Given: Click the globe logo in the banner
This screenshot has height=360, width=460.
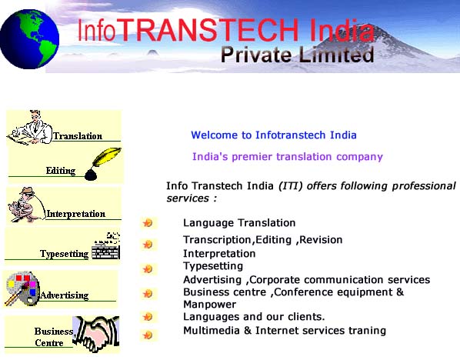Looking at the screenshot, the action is (x=29, y=39).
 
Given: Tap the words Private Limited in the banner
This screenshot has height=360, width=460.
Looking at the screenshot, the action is (x=297, y=55).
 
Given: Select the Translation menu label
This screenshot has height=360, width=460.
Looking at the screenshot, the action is (x=78, y=136).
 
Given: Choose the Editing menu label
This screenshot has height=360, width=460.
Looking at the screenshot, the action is (x=61, y=171).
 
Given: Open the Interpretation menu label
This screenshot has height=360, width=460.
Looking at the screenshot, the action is (x=76, y=214).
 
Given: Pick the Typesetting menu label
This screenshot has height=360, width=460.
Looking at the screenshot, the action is (x=65, y=254).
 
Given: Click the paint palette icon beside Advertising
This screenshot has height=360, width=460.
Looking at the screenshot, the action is (x=22, y=288).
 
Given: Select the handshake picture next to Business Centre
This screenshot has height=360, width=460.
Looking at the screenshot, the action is (x=96, y=334).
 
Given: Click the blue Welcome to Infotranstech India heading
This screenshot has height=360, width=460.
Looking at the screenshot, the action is (x=274, y=135).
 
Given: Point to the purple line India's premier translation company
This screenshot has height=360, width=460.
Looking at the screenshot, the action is (x=288, y=157).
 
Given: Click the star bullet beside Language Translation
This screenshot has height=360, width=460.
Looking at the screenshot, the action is (x=148, y=223).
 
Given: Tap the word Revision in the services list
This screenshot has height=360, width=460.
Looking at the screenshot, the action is (x=321, y=240).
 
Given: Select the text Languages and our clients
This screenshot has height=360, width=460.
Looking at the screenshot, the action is (x=254, y=317).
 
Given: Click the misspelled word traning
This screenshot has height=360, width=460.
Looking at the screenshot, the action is (x=367, y=331).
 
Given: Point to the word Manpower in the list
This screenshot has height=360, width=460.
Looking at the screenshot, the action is (x=210, y=305).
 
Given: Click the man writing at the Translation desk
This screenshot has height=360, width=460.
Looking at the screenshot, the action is (x=30, y=128).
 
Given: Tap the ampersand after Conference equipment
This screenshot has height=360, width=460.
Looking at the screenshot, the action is (x=400, y=292).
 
